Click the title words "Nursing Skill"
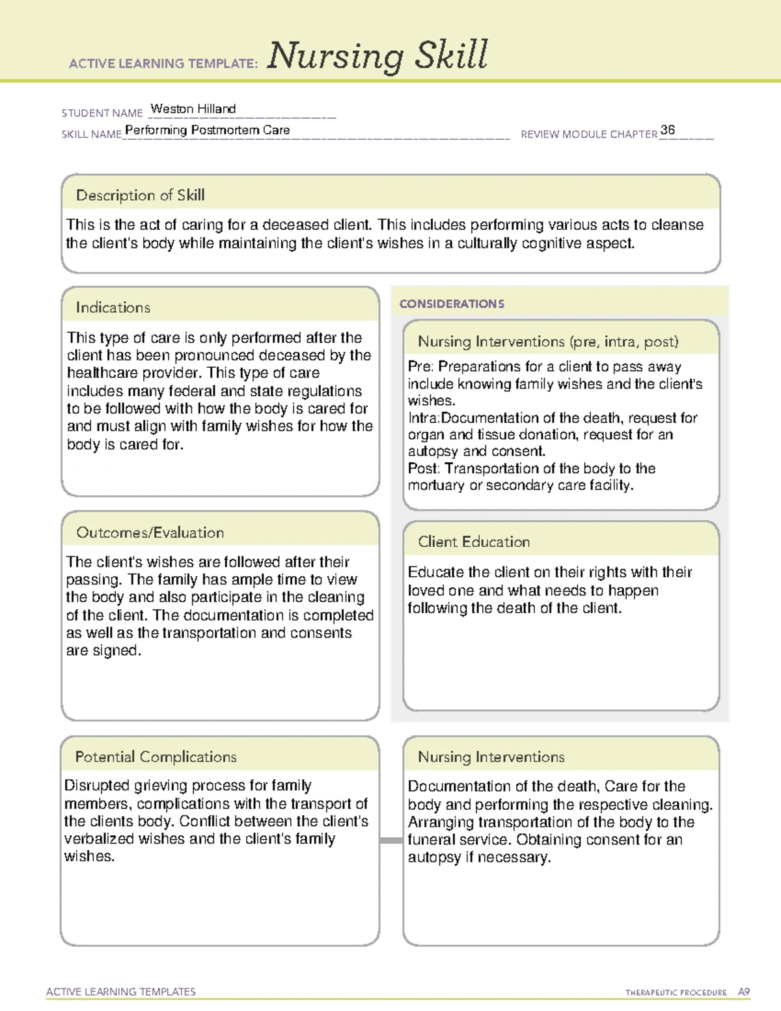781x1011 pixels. click(x=377, y=56)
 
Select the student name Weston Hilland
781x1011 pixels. click(x=193, y=109)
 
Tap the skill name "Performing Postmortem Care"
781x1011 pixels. click(x=208, y=130)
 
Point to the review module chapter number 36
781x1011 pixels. click(x=667, y=130)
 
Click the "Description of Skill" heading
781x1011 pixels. click(x=140, y=195)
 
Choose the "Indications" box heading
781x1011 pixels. click(x=113, y=307)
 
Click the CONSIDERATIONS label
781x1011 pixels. click(x=452, y=304)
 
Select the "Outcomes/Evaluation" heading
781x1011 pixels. click(x=150, y=533)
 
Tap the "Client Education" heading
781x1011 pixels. click(x=473, y=542)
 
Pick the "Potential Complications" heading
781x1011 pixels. click(x=156, y=756)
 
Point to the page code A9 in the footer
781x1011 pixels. click(x=743, y=992)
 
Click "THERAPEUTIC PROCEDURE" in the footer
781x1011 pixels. click(x=676, y=993)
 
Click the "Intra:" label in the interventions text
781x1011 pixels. click(x=424, y=418)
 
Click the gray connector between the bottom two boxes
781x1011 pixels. click(x=391, y=840)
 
